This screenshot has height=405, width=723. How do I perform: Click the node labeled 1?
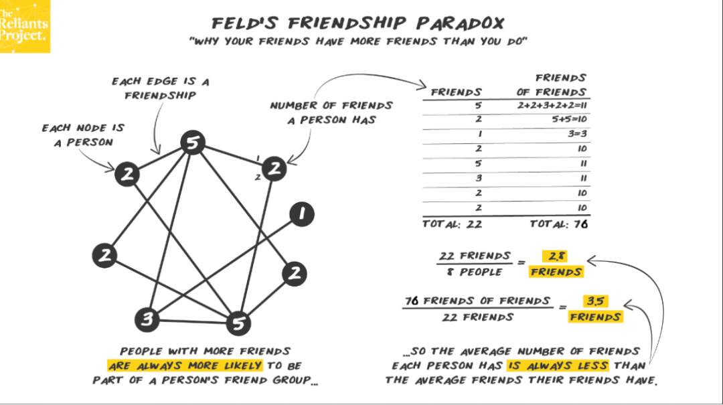coord(301,215)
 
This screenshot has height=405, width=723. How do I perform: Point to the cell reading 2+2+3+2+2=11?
coord(552,105)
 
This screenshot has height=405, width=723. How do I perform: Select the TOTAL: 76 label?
coord(558,224)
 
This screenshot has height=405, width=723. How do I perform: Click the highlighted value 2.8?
coord(556,256)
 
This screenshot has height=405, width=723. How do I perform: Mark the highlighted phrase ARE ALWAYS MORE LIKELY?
coord(186,366)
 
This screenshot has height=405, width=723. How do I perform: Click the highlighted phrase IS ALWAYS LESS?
coord(557,366)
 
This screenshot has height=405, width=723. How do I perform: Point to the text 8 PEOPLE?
coord(475,272)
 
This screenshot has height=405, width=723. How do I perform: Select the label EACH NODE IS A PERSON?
coord(83,135)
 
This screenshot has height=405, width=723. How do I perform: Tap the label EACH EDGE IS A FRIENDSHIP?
coord(161,88)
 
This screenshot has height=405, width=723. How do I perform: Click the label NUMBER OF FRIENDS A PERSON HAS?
coord(331,112)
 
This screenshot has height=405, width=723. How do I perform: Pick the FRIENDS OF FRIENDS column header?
coord(551,85)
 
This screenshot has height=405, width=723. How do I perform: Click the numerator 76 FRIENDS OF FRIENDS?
coord(478,301)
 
